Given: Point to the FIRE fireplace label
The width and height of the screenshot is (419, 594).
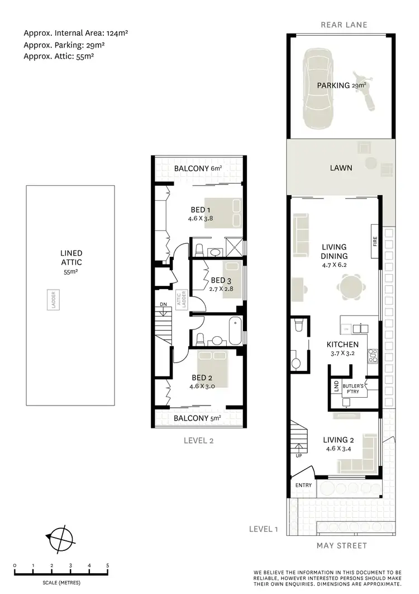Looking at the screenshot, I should (375, 242).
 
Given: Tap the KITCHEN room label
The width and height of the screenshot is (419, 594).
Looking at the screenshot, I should (342, 345).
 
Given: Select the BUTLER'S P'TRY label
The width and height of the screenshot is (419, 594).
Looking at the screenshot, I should (354, 389).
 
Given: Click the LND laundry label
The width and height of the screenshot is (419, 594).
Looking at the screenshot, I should (336, 385).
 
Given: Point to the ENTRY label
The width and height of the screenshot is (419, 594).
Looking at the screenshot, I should (303, 485).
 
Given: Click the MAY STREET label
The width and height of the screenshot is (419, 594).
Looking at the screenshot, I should (341, 545).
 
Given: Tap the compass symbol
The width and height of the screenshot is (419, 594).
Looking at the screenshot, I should (60, 538).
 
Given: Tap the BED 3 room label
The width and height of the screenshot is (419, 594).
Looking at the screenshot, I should (218, 280).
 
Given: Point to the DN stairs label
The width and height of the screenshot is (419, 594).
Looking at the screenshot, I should (163, 305).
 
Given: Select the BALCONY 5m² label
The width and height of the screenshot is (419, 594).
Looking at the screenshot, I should (197, 418).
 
